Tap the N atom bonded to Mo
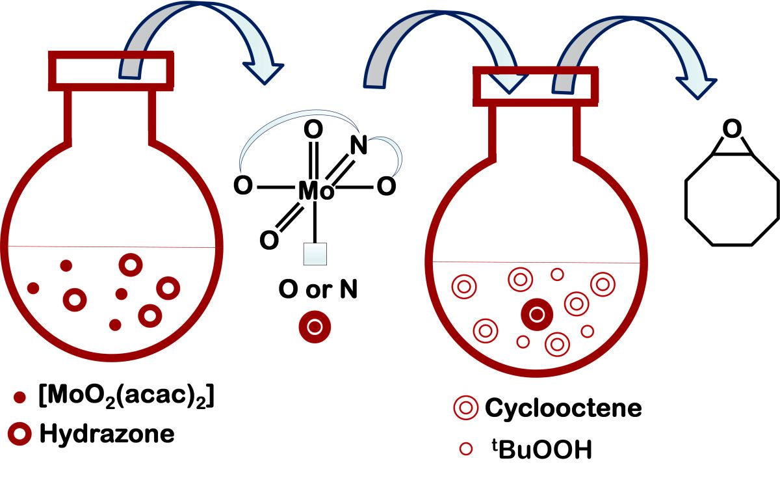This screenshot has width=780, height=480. [x=359, y=144]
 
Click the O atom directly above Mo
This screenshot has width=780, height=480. [x=314, y=131]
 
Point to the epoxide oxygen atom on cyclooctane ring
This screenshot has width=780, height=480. [x=732, y=130]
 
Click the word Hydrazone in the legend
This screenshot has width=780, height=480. [x=107, y=433]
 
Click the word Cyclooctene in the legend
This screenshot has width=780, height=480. [x=563, y=408]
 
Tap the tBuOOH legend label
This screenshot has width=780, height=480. [x=538, y=449]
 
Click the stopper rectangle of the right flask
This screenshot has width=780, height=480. [x=535, y=86]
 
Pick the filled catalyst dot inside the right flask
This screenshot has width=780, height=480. [x=537, y=315]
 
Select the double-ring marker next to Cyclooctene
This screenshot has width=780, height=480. [x=465, y=408]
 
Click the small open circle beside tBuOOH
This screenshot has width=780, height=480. [x=465, y=449]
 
